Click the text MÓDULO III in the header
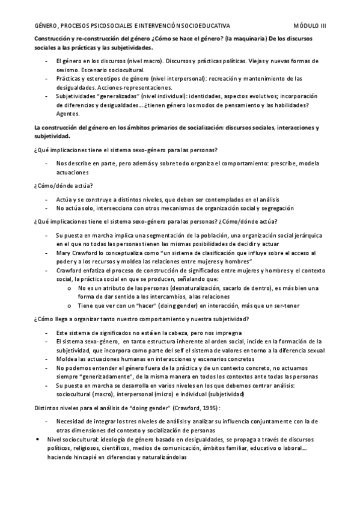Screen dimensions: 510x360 [310, 25]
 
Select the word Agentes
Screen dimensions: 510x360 [67, 114]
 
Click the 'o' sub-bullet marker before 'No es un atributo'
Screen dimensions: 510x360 [72, 289]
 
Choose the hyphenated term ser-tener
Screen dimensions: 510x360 [285, 306]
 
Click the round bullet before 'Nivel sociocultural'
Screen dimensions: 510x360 [39, 440]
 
